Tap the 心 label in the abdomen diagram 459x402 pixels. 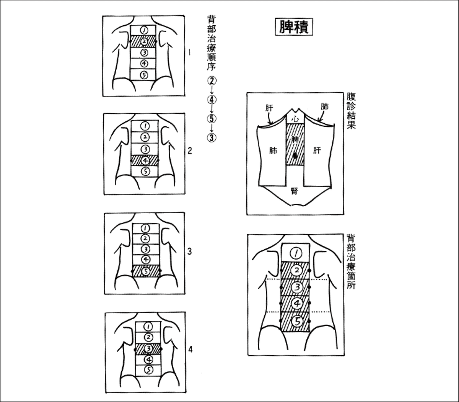coord(295,119)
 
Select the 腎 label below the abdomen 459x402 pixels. coord(295,191)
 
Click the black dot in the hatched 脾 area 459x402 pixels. coord(295,156)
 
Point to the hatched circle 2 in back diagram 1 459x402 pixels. coord(143,41)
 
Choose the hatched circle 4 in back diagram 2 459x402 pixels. coord(145,160)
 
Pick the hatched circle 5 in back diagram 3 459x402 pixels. coord(146,271)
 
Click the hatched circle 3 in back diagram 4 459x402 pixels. coord(148,349)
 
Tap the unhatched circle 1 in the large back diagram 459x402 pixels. coord(296,252)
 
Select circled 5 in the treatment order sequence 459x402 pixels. coord(212,119)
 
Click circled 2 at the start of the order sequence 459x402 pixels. coord(212,81)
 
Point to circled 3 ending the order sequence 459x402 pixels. coord(212,137)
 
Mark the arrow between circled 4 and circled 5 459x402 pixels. coord(212,109)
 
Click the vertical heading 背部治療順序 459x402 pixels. coord(211,43)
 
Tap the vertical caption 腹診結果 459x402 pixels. coord(351,110)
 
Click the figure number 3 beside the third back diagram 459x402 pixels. coord(189,252)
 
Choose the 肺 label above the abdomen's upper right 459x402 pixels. coord(324,106)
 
